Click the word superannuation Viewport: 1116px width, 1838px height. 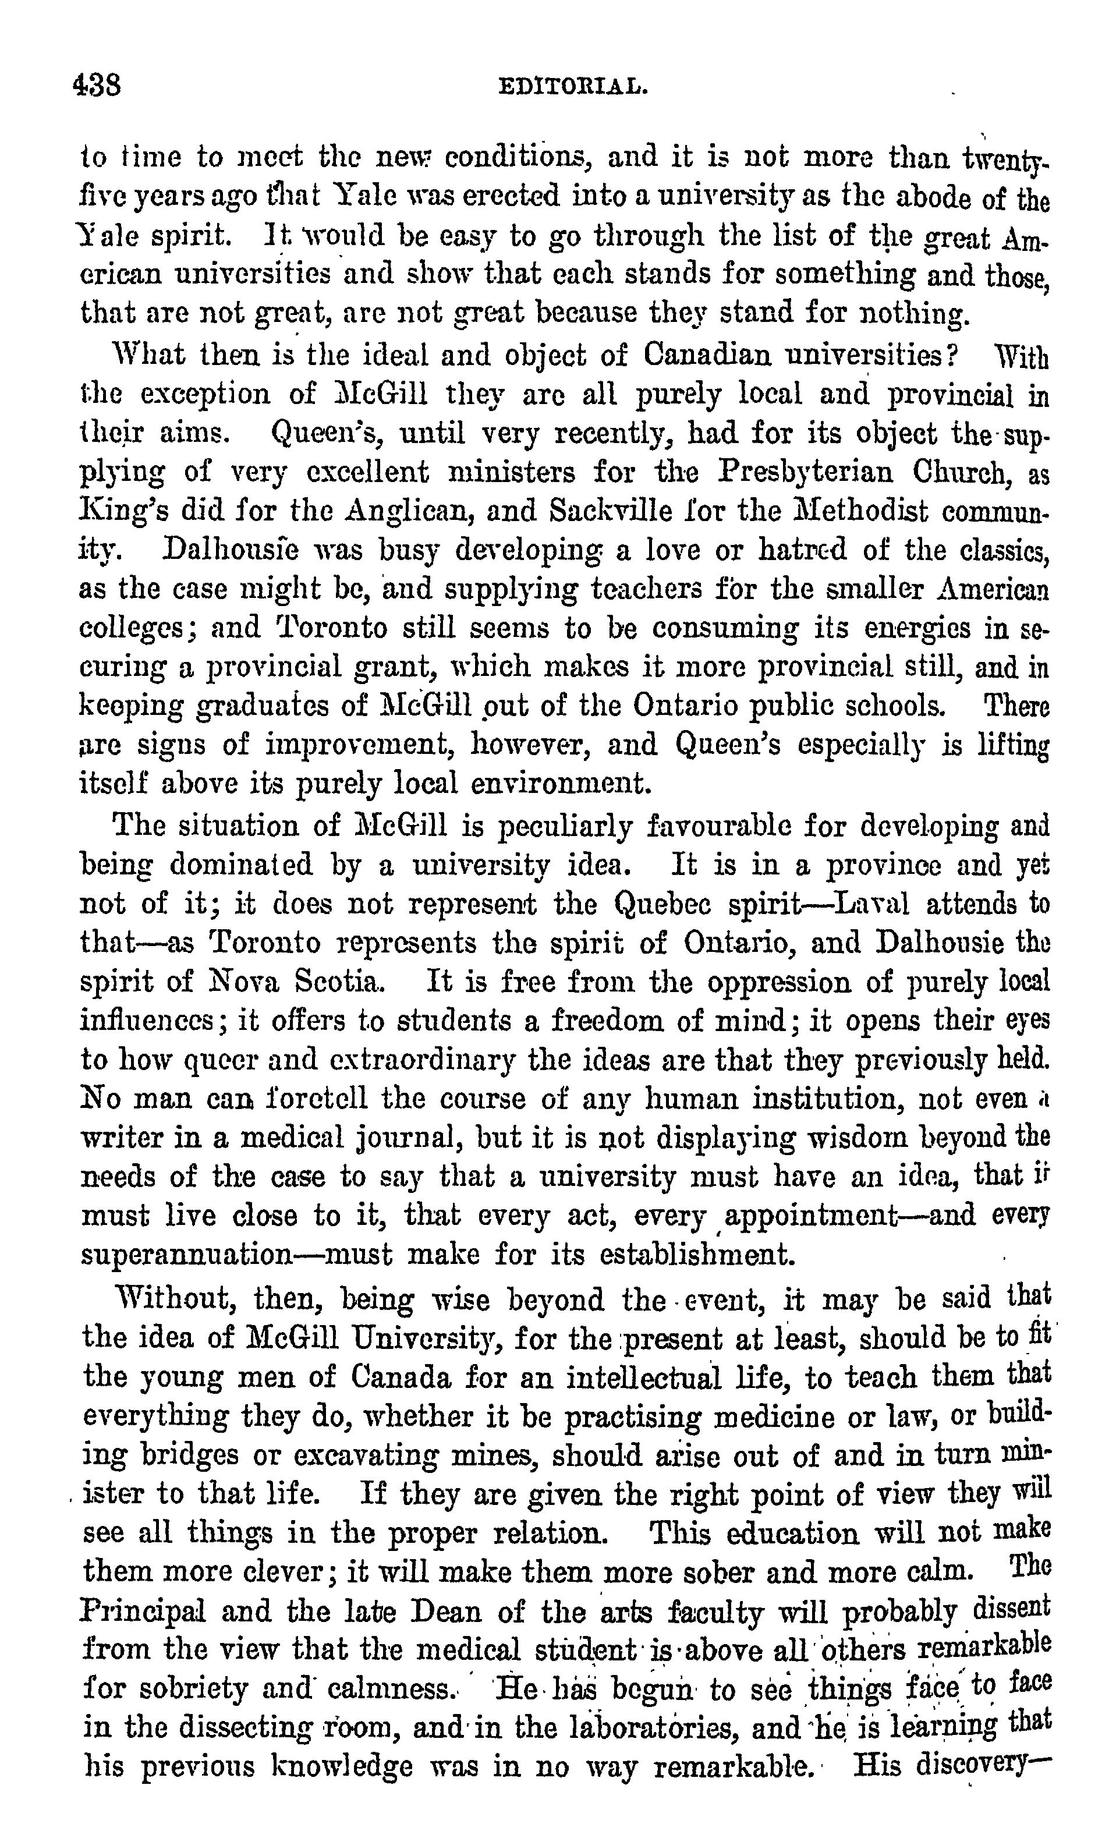coord(186,1255)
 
